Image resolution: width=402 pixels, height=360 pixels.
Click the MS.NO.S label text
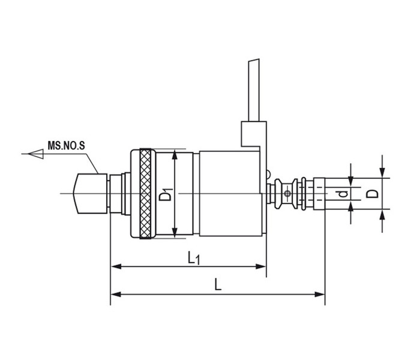(x=66, y=146)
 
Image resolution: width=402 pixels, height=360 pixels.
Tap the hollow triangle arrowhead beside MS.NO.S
(x=36, y=154)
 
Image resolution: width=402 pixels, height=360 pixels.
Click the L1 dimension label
(x=194, y=258)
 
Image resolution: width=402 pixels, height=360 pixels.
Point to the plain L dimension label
(x=218, y=285)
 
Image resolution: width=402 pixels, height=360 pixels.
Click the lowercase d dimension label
(x=343, y=194)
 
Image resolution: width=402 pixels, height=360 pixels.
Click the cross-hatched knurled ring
(x=146, y=194)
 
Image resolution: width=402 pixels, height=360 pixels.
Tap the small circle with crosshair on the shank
(x=287, y=194)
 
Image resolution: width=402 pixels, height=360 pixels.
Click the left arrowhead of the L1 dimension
(x=116, y=266)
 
